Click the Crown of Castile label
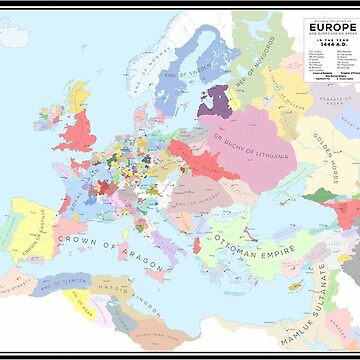40,240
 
